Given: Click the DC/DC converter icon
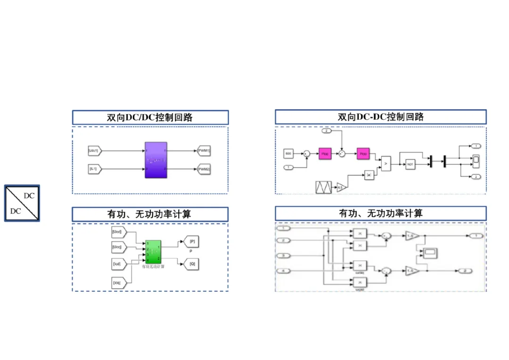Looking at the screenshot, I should (22, 203).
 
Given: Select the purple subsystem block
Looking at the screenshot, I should (156, 159).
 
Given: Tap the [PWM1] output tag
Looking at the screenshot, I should (204, 151).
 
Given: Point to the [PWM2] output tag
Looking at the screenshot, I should (204, 168).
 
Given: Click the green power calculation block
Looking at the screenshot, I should (153, 251).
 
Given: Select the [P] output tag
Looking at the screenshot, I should (192, 242).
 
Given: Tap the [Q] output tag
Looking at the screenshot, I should (192, 264).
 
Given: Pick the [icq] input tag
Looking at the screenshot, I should (117, 283).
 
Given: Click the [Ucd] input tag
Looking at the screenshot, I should (117, 232).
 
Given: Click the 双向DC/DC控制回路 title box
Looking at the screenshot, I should (150, 117).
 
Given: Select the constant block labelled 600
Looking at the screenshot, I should (288, 153).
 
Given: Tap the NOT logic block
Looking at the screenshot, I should (410, 164).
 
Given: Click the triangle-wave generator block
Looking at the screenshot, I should (324, 187).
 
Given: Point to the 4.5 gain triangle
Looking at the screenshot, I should (341, 188).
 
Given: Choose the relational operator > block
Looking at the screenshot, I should (386, 163).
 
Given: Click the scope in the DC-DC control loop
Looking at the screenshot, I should (476, 160).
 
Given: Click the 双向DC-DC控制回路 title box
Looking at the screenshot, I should (381, 117).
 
